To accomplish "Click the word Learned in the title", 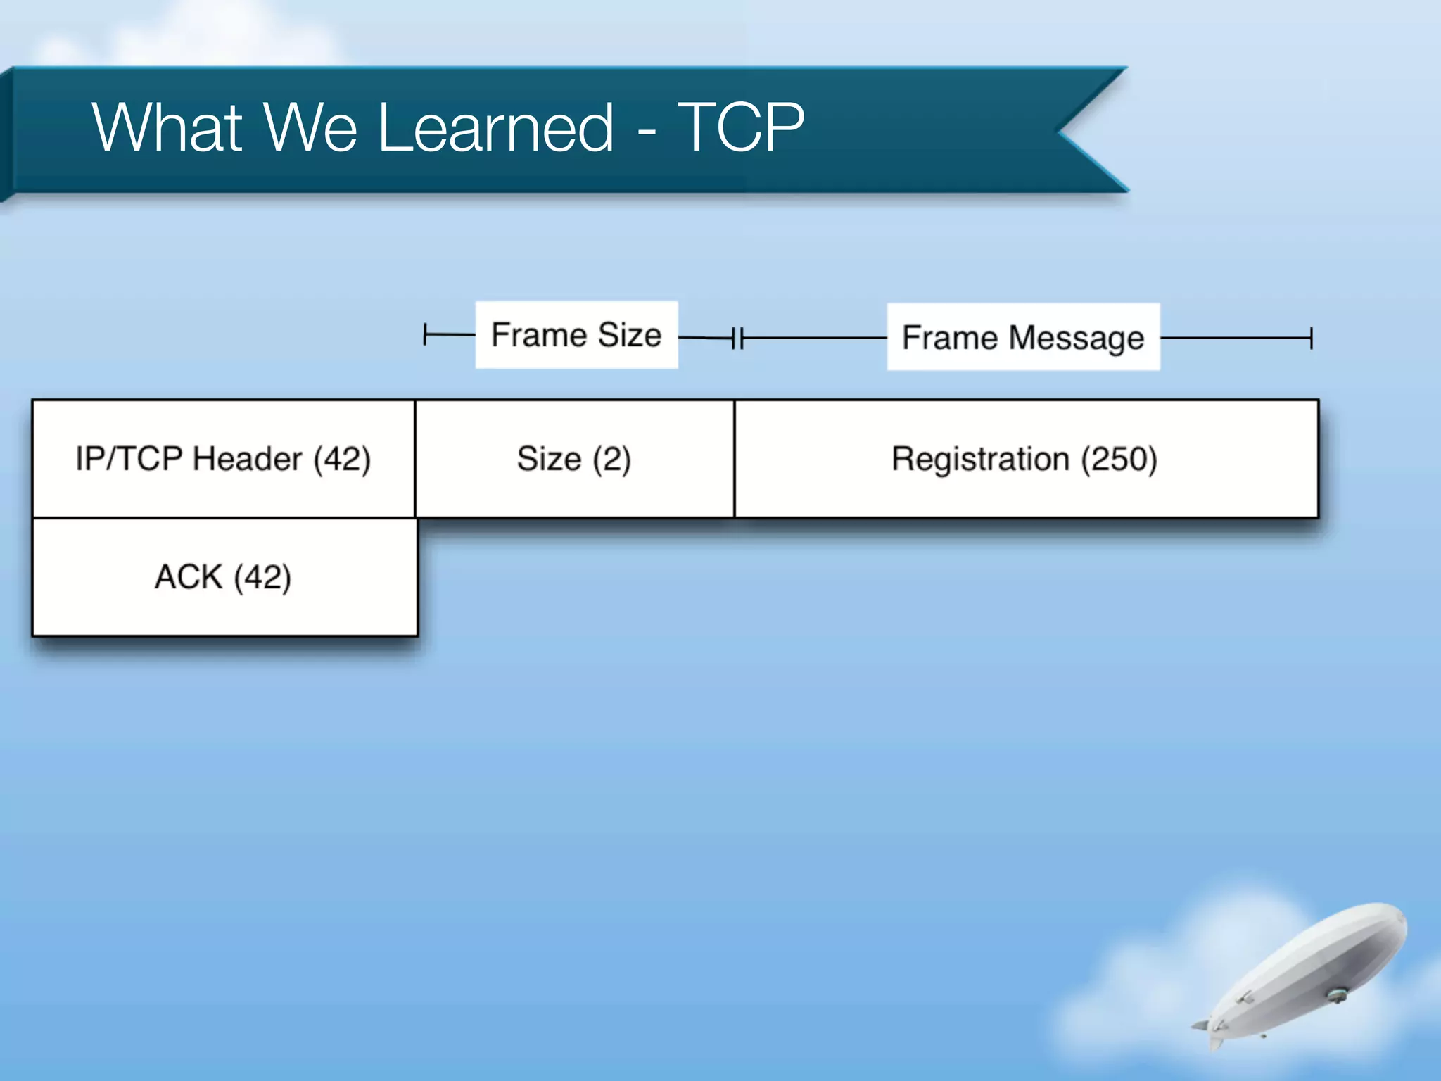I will pyautogui.click(x=495, y=127).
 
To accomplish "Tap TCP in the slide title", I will pyautogui.click(x=740, y=127).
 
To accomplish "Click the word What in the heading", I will pyautogui.click(x=167, y=127).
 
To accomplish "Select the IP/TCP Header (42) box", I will pyautogui.click(x=224, y=459).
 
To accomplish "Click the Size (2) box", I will pyautogui.click(x=574, y=459).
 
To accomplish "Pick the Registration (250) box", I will pyautogui.click(x=1025, y=459).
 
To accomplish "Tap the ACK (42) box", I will pyautogui.click(x=224, y=577).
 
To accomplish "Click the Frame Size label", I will pyautogui.click(x=576, y=335).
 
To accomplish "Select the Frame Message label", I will pyautogui.click(x=1023, y=338).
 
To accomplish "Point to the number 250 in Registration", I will pyautogui.click(x=1119, y=459).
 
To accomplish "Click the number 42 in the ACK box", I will pyautogui.click(x=262, y=577).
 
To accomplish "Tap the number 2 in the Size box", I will pyautogui.click(x=611, y=459).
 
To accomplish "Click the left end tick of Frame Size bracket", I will pyautogui.click(x=425, y=335).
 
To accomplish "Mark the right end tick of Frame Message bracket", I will pyautogui.click(x=1311, y=338).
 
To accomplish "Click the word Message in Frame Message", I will pyautogui.click(x=1077, y=338).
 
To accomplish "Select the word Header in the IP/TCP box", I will pyautogui.click(x=248, y=459).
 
